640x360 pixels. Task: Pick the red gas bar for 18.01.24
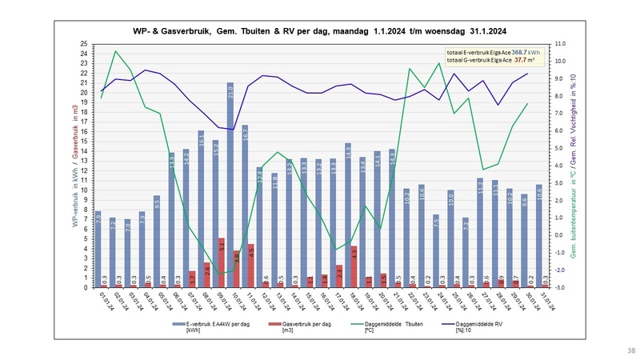354,266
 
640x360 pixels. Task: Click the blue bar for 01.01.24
98,249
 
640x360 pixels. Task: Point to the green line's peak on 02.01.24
116,51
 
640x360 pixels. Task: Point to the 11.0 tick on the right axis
561,44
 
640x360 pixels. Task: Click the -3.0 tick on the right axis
561,287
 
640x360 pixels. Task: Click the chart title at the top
320,30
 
